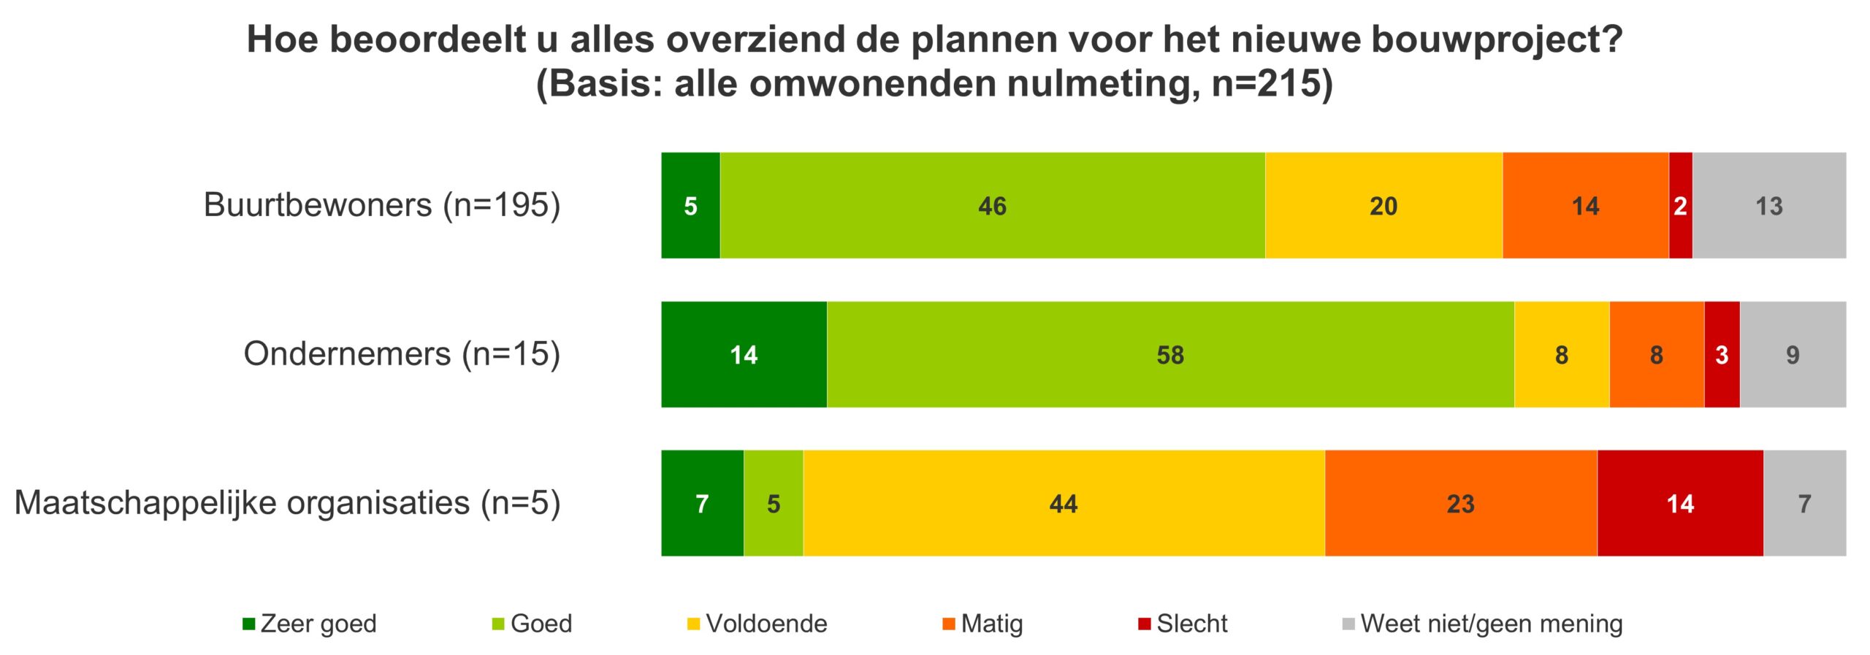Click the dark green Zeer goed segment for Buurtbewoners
[x=690, y=205]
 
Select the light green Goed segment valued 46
[x=992, y=205]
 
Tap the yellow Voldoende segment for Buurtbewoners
[x=1383, y=205]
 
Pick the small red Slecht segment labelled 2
[x=1680, y=205]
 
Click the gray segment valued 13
[x=1768, y=205]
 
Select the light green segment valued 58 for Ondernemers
[x=1169, y=354]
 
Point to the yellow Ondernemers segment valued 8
[x=1561, y=354]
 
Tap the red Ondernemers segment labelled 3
[x=1721, y=354]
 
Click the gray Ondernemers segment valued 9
[x=1792, y=354]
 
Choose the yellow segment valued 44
[x=1063, y=503]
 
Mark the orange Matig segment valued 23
[x=1460, y=503]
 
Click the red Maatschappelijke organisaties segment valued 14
[x=1679, y=503]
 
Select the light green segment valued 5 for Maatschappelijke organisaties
[x=773, y=503]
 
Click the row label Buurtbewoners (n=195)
[x=381, y=204]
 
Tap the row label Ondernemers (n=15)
[x=402, y=353]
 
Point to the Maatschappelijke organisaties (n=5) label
[x=287, y=502]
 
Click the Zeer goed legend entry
[x=310, y=624]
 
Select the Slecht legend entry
[x=1183, y=624]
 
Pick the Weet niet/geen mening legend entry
[x=1483, y=624]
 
